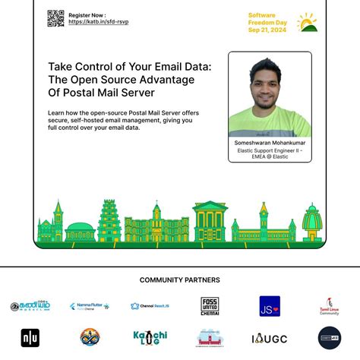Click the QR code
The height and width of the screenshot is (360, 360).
coord(55,19)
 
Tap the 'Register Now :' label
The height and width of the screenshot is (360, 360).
coord(87,14)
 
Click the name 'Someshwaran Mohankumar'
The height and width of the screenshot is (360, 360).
coord(270,142)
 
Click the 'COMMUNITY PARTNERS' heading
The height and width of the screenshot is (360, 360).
coord(180,280)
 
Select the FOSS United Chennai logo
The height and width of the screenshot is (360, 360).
coord(210,306)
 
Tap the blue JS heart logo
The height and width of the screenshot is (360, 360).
coord(270,306)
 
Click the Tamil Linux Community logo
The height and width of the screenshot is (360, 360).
coord(329,306)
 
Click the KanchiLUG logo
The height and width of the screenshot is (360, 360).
coord(150,337)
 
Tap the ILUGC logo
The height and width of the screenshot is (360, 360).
coord(269,338)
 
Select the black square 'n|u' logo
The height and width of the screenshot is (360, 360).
coord(30,338)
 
